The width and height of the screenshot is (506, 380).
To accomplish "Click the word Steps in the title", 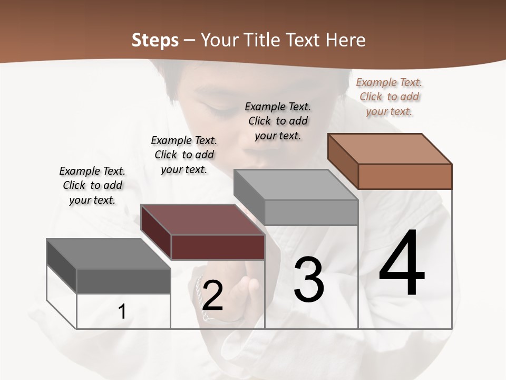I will tap(155, 40).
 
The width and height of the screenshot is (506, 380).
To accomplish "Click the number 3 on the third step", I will tap(308, 279).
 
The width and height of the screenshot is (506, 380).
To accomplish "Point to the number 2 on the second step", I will tap(212, 296).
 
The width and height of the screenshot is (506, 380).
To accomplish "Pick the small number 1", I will tap(122, 311).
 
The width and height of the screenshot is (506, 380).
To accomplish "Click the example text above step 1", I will tap(92, 185).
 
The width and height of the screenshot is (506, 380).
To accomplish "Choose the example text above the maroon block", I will tap(184, 155).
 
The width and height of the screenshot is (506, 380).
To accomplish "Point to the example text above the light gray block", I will tap(278, 121).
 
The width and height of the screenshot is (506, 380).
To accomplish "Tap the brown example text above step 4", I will tap(389, 97).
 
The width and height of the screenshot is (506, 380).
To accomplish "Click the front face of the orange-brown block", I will tap(405, 176).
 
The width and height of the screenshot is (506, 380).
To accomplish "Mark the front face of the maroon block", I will tap(218, 247).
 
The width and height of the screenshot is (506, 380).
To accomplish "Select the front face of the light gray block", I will tap(311, 212).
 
